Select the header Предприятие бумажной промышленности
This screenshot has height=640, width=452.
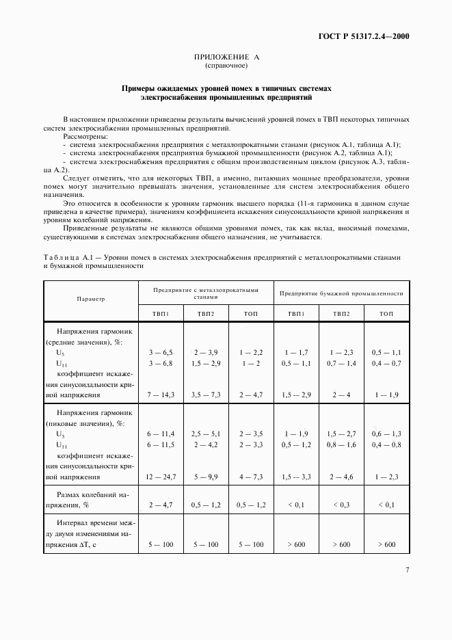(341, 293)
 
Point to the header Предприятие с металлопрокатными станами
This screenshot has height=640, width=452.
(206, 293)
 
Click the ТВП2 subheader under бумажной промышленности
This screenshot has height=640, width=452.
(341, 313)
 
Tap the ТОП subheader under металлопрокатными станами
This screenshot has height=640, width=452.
(251, 313)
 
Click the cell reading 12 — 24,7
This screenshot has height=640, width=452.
(161, 477)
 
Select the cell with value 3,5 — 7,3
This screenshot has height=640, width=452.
(206, 395)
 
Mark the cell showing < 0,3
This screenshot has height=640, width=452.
(341, 505)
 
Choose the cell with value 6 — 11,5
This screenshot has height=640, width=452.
(161, 445)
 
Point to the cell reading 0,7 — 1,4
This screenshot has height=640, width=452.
(341, 364)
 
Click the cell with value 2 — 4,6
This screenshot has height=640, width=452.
(341, 477)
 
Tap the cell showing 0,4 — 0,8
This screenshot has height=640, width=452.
(386, 445)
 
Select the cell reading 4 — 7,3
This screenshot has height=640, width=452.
(251, 477)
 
